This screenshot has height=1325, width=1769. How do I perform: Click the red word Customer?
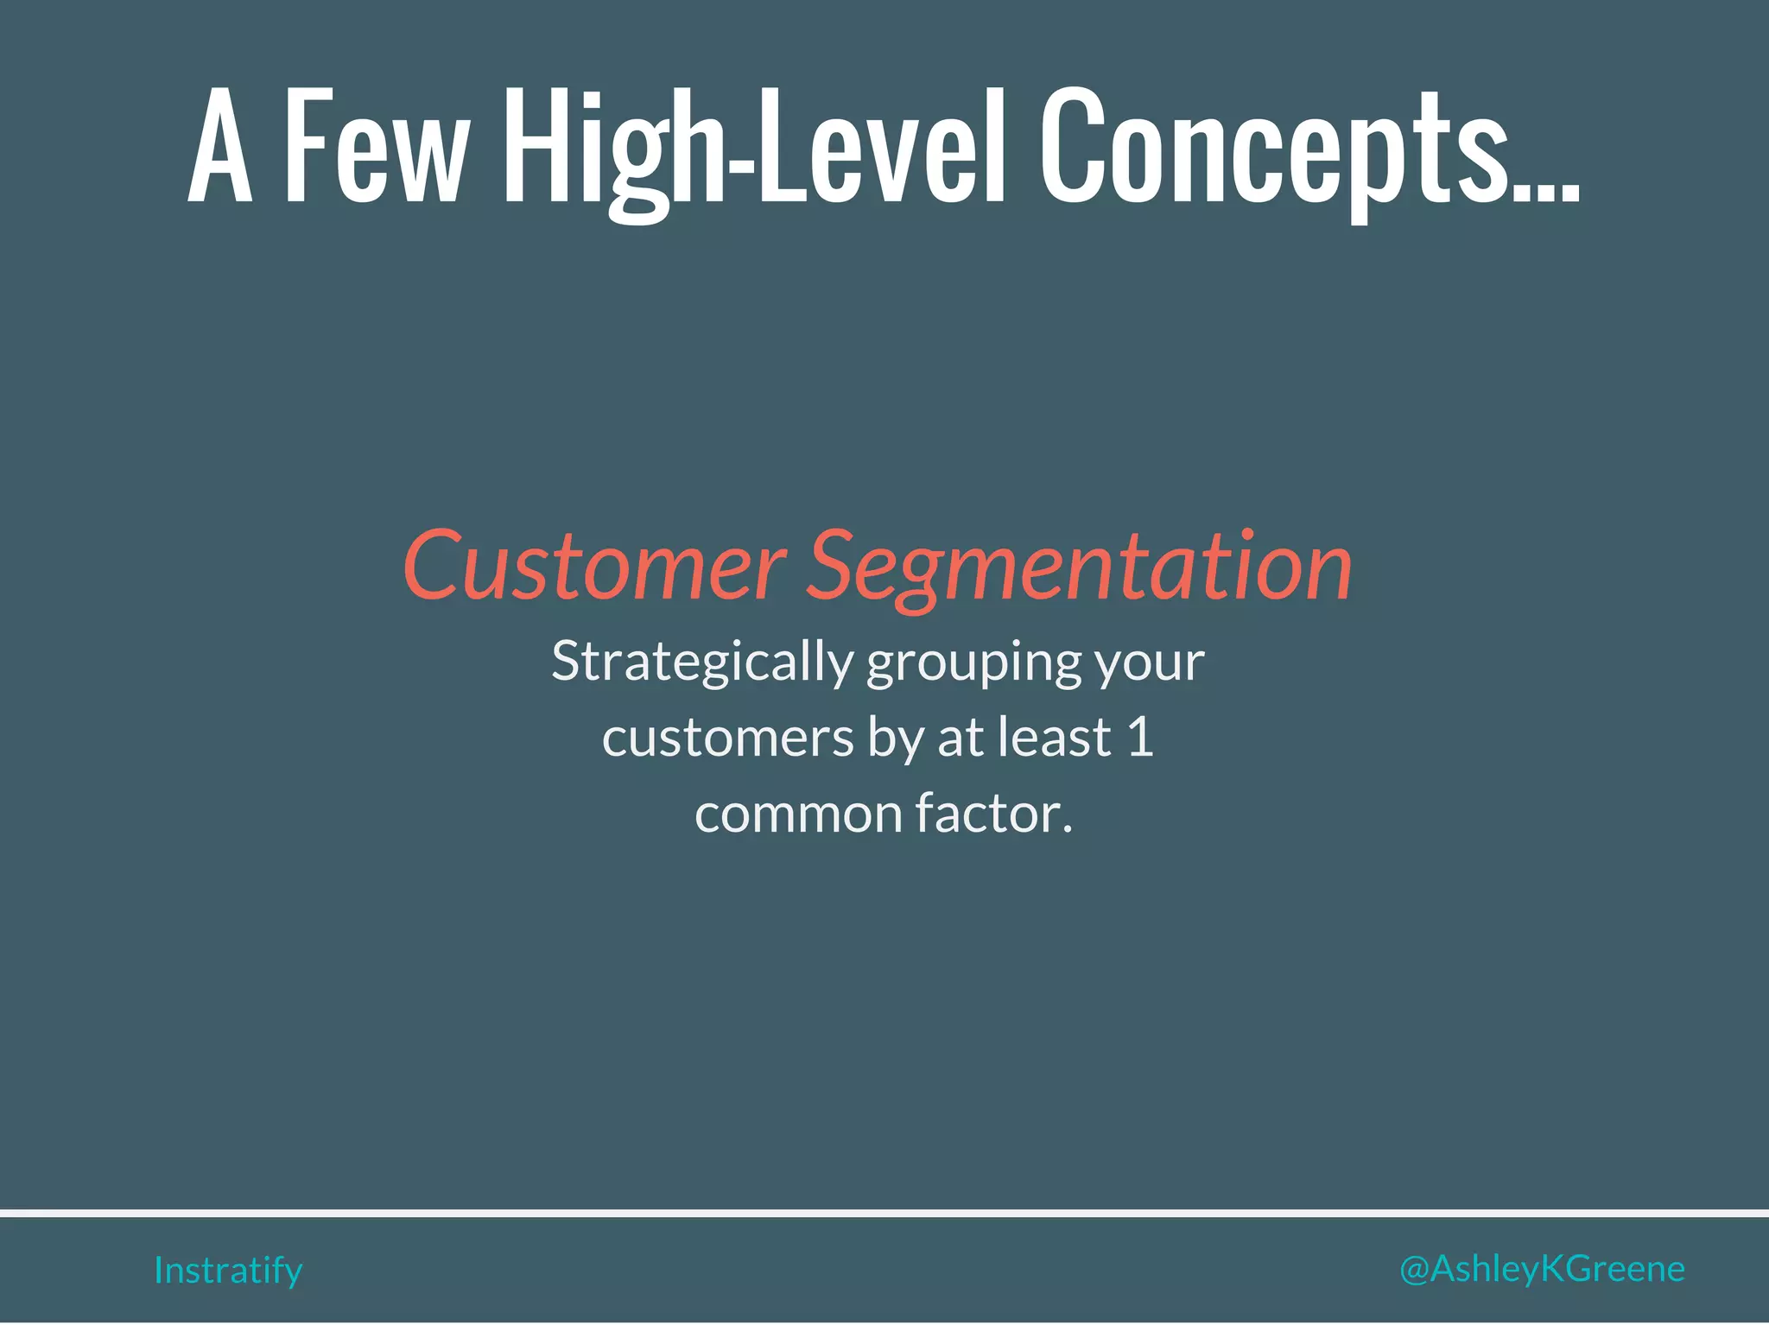click(594, 567)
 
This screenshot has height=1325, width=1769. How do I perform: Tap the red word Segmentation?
click(1080, 567)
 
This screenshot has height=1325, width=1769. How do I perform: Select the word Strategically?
click(702, 662)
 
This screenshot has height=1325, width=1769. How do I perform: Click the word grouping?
click(973, 662)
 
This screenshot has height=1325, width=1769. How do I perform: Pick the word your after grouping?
click(1150, 662)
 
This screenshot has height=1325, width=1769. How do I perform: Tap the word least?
click(1054, 739)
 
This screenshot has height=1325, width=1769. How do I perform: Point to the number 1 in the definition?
click(1140, 739)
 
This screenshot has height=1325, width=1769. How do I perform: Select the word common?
click(798, 815)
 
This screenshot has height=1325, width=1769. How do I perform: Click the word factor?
click(993, 815)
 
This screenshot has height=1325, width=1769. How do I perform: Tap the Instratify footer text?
click(228, 1271)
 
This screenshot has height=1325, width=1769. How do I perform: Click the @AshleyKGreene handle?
click(1542, 1269)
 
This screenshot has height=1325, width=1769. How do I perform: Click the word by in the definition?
click(896, 739)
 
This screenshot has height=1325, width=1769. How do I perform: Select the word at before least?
click(961, 739)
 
